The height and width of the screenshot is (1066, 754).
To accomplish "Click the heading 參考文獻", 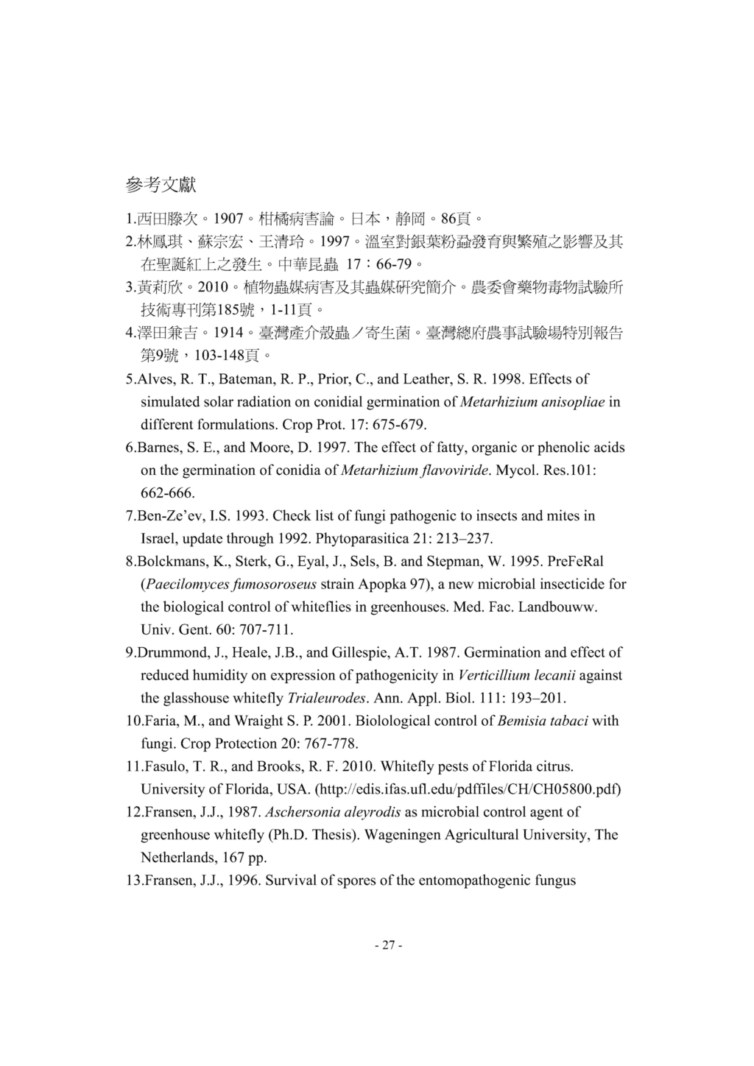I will [x=161, y=185].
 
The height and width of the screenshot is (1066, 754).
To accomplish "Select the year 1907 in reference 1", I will [x=228, y=219].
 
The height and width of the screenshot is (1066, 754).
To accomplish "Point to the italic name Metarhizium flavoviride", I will [x=416, y=470].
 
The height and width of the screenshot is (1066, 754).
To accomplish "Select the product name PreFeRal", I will [x=575, y=561].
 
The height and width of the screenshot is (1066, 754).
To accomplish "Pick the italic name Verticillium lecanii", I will [x=517, y=675].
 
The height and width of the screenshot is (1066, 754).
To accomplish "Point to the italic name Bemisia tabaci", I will [x=543, y=721].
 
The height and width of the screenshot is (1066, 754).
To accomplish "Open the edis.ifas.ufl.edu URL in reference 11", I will [x=468, y=789].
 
